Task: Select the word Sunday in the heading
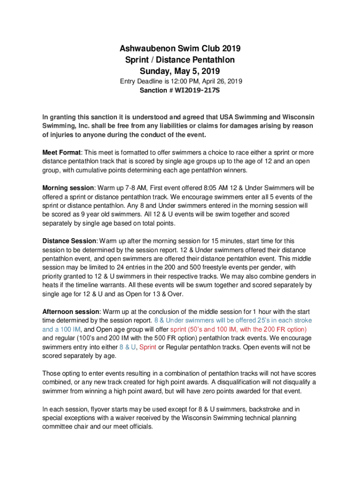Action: point(156,72)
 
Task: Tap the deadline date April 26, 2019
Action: point(222,81)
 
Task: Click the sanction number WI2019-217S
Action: point(197,90)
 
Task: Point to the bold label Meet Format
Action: point(62,152)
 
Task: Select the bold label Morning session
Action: point(68,188)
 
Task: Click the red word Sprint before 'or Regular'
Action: point(148,347)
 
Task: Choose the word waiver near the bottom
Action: point(127,418)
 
